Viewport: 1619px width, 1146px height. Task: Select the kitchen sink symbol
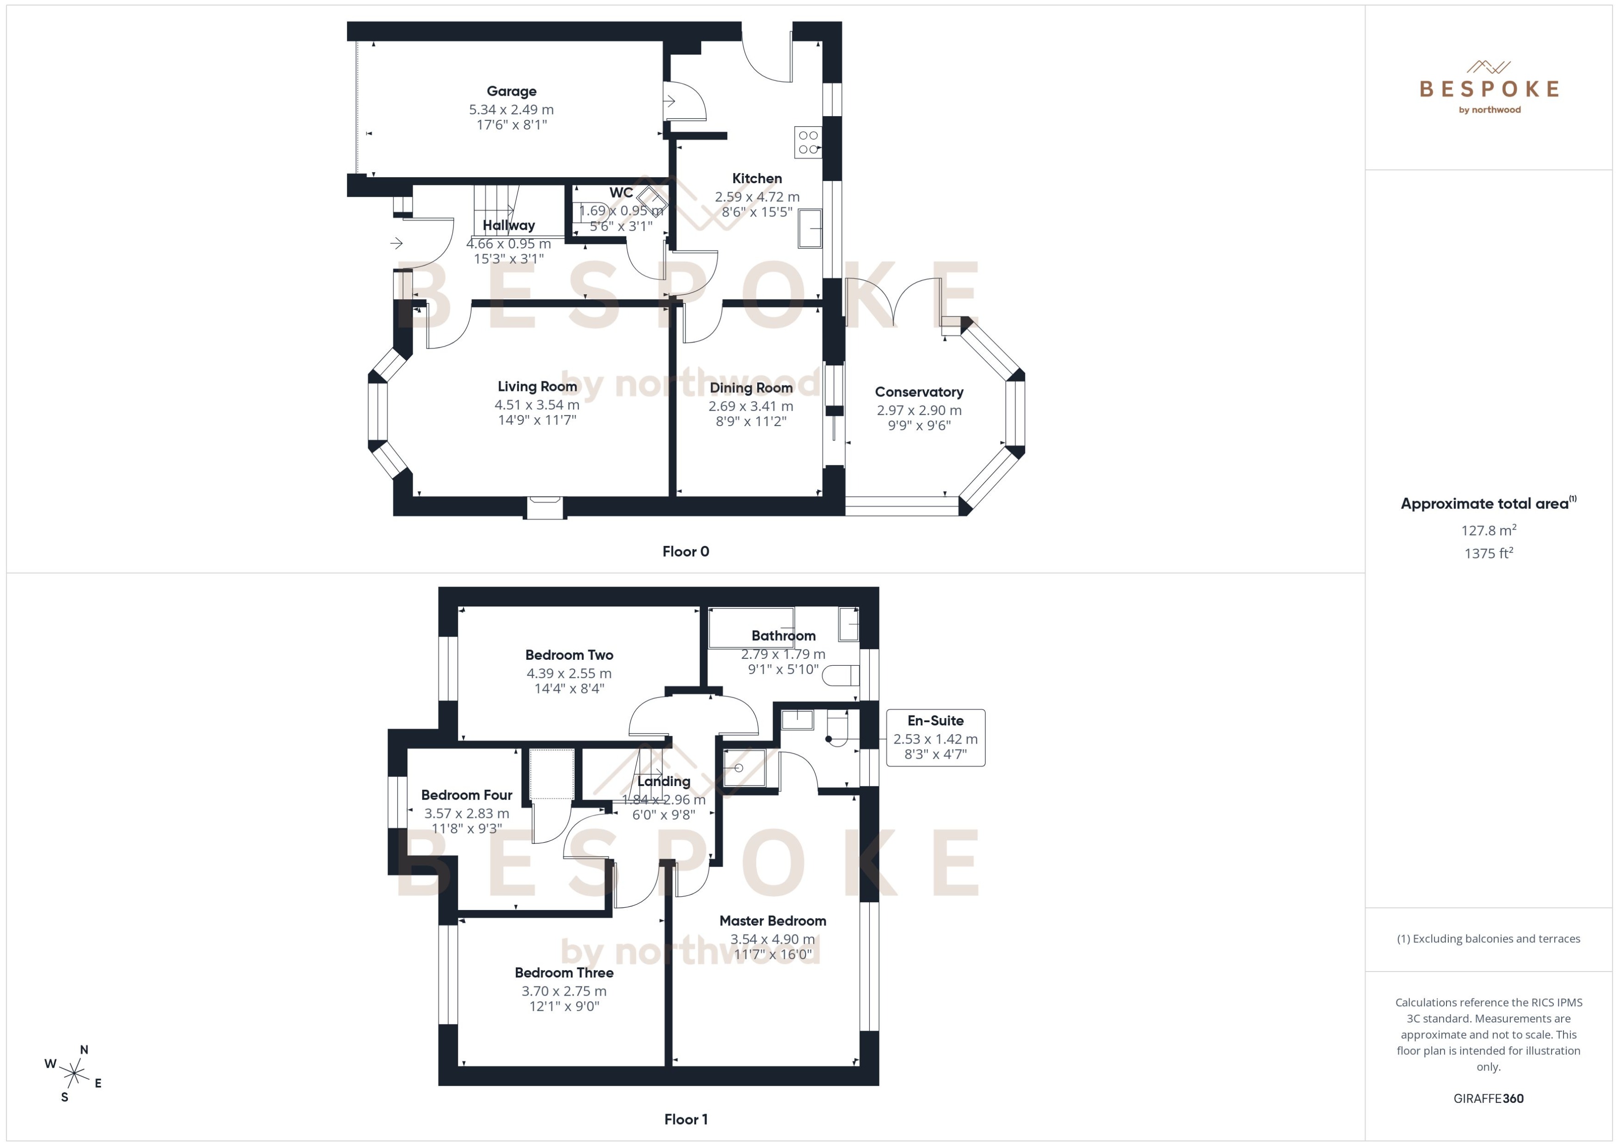pyautogui.click(x=810, y=228)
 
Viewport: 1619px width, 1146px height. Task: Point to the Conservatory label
pyautogui.click(x=919, y=392)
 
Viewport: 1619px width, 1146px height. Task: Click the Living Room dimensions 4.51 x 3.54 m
pyautogui.click(x=537, y=405)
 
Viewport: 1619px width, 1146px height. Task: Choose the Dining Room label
pyautogui.click(x=751, y=387)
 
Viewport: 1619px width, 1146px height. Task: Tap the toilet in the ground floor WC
pyautogui.click(x=586, y=211)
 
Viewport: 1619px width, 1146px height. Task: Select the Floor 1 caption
pyautogui.click(x=685, y=1119)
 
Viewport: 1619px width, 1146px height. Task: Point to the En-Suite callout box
pyautogui.click(x=935, y=737)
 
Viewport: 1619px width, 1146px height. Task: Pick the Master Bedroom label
pyautogui.click(x=772, y=921)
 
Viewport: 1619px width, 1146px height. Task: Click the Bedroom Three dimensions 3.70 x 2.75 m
pyautogui.click(x=564, y=991)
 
